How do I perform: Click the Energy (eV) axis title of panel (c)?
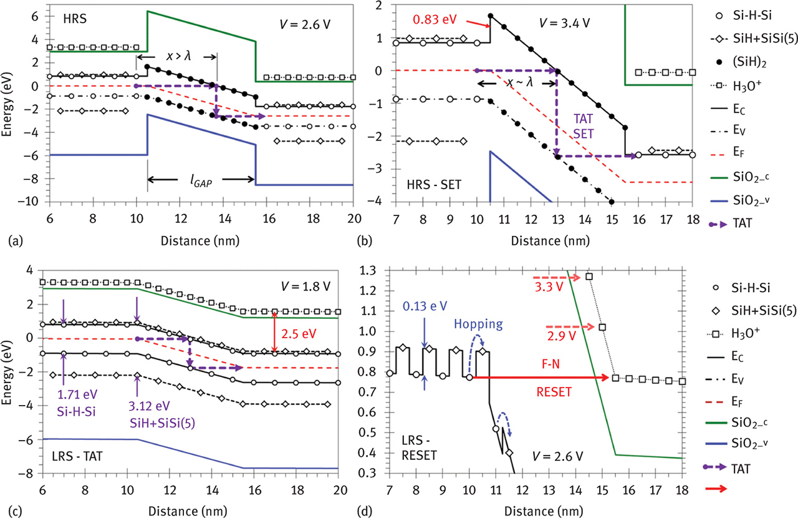coord(11,372)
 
